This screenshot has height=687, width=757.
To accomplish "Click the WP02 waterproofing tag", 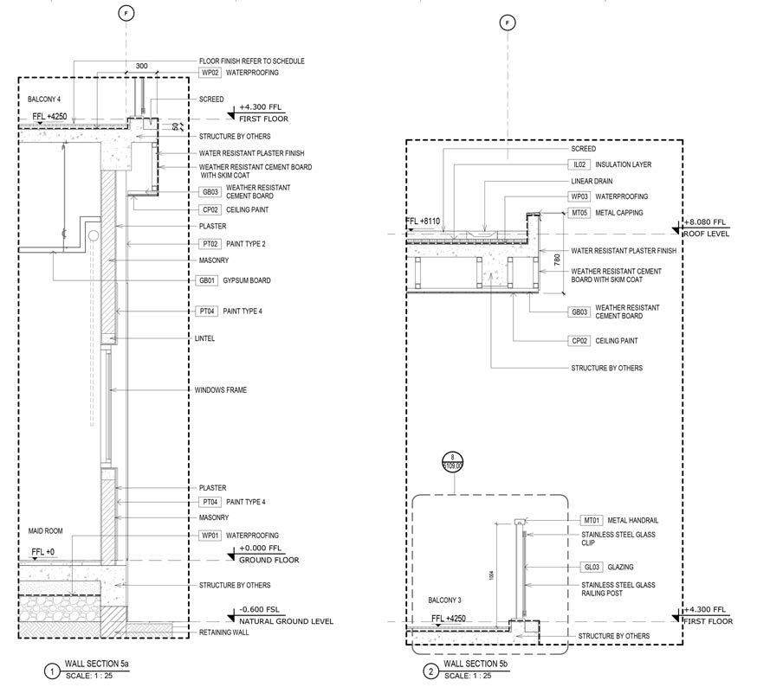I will (x=210, y=73).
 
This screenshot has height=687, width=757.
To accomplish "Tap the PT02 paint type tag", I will (x=210, y=244).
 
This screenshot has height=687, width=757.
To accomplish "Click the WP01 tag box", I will (x=210, y=536).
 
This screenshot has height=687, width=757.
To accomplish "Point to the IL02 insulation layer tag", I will (x=579, y=164).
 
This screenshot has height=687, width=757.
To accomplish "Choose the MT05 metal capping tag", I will (x=579, y=212).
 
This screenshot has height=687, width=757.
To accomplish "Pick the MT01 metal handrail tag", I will (x=592, y=520).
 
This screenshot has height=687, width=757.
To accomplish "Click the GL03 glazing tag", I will (x=592, y=568).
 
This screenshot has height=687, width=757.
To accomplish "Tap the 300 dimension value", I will (x=141, y=66).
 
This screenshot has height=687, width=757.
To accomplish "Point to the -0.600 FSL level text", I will (x=259, y=610).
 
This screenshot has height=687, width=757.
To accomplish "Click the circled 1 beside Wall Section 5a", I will (x=52, y=670).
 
